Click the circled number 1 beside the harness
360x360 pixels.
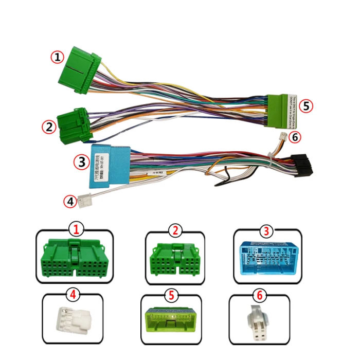point(57,57)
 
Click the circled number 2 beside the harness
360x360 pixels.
point(49,127)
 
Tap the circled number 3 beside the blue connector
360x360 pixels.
point(81,162)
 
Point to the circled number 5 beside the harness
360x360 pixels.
point(307,106)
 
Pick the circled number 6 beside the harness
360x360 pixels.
point(294,137)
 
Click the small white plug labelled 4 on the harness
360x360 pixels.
point(84,201)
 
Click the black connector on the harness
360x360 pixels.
point(301,164)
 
